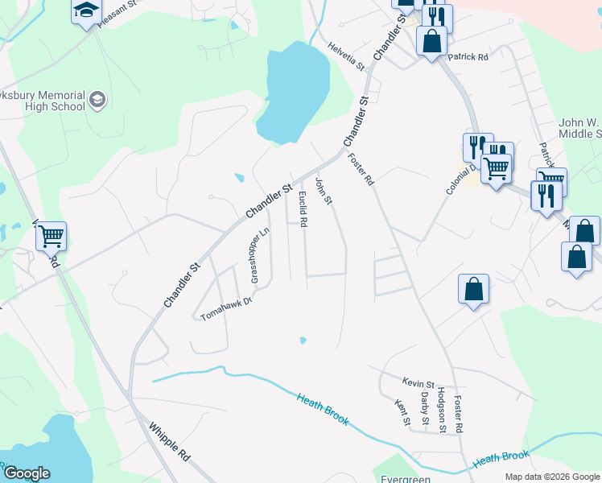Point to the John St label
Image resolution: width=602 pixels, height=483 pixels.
(324, 191)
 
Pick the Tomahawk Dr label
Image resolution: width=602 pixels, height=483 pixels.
(227, 308)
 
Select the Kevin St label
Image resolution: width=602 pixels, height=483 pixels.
(419, 384)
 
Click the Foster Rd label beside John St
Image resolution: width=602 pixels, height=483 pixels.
(361, 171)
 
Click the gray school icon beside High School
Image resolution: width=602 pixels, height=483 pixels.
(98, 100)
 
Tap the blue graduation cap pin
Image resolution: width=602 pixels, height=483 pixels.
(85, 11)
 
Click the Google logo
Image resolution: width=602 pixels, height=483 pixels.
(27, 473)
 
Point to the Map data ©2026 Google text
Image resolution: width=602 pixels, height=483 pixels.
(551, 477)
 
